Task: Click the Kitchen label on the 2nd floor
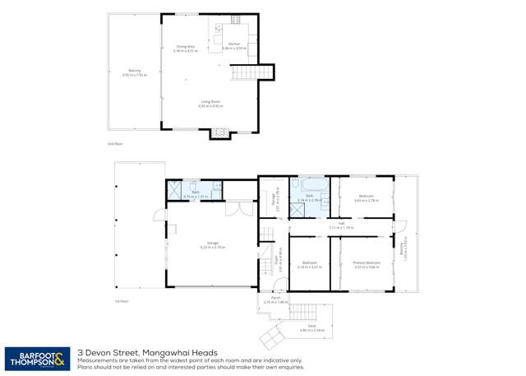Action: point(234,45)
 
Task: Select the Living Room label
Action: point(210,104)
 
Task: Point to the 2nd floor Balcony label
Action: point(134,72)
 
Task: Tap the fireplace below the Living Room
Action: point(219,132)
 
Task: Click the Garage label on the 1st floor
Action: point(212,244)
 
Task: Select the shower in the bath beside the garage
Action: point(176,191)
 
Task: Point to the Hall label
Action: point(340,224)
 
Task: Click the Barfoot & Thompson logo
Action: point(37,358)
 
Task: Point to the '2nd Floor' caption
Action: point(114,143)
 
